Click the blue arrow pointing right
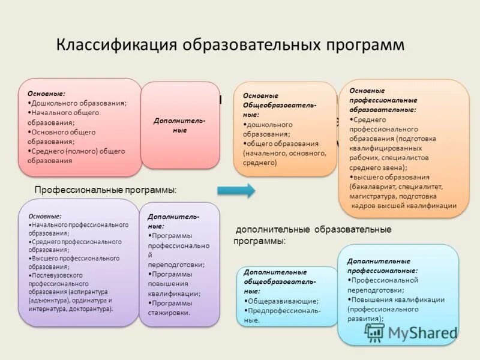tap(235, 191)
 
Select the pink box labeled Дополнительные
tap(179, 125)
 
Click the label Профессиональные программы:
tap(106, 190)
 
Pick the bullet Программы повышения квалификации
tap(173, 284)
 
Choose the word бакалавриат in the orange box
tap(377, 187)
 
